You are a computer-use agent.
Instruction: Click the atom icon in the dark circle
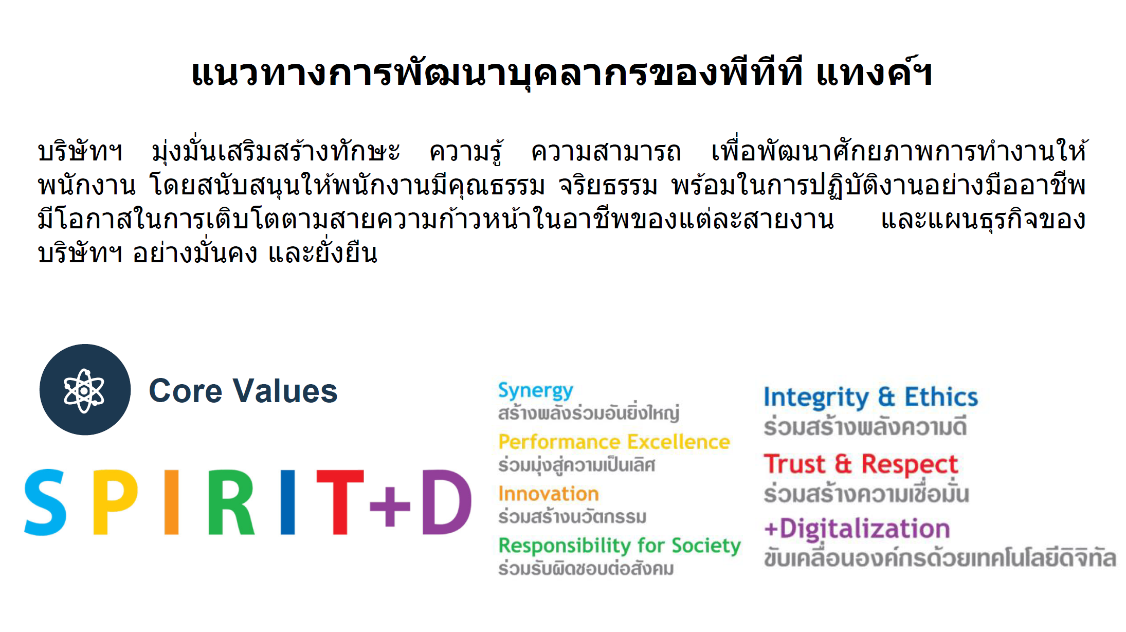84,391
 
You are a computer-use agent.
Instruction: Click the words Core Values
243,391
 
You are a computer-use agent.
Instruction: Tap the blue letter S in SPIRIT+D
45,502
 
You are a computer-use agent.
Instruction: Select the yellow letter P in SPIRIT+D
115,502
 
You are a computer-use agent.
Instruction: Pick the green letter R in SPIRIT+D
231,502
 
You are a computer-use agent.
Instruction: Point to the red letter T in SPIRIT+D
340,502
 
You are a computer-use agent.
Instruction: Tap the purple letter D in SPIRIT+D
446,502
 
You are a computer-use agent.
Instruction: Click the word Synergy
536,392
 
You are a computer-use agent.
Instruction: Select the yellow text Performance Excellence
614,442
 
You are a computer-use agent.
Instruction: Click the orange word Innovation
549,494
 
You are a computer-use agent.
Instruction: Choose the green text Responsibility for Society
620,546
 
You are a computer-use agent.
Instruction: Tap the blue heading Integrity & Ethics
871,398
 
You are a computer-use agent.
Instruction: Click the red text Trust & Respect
861,465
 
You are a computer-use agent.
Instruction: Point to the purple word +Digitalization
857,529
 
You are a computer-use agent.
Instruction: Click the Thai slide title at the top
562,73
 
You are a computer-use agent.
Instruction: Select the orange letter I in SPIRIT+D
172,502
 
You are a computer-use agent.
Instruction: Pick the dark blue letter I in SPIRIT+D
288,502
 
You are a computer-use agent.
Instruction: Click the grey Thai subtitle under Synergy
589,412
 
